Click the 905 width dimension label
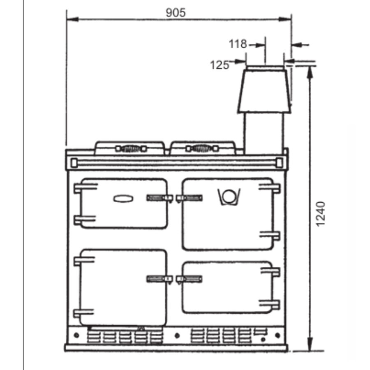176,12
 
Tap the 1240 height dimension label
320,214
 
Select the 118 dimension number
238,44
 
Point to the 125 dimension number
220,65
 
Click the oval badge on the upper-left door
123,199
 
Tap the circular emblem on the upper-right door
229,197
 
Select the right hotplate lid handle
202,148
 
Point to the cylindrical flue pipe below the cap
264,133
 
